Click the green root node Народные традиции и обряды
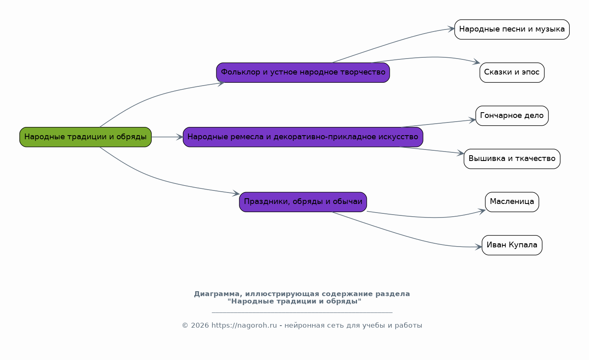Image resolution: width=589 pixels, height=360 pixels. pos(85,137)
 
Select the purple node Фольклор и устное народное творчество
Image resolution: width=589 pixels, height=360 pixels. pos(303,72)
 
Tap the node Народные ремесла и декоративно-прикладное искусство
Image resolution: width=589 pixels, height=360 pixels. pos(303,137)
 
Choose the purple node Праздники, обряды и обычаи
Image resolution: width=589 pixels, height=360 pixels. pos(303,202)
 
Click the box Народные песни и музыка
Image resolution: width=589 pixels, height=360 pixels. pos(512,29)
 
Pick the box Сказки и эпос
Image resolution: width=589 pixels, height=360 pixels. pos(512,72)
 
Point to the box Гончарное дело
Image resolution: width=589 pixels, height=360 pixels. pos(512,115)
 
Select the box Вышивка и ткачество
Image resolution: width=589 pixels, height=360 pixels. pos(512,158)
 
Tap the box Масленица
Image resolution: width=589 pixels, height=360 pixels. pos(512,202)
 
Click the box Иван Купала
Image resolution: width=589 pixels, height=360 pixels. pos(512,245)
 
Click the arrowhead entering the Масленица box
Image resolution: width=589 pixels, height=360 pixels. pos(482,211)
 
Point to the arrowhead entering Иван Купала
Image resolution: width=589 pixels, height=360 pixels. pos(479,247)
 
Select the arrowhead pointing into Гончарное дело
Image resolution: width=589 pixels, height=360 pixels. pos(473,120)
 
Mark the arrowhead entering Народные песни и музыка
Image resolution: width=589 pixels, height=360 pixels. pos(451,29)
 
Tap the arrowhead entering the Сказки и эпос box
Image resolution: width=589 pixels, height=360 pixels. pos(477,63)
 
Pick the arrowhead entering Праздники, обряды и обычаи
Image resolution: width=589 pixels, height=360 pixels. pos(236,193)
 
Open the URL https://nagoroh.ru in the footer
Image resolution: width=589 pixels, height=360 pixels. pos(244,326)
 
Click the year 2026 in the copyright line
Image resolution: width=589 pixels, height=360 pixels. pos(200,326)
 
